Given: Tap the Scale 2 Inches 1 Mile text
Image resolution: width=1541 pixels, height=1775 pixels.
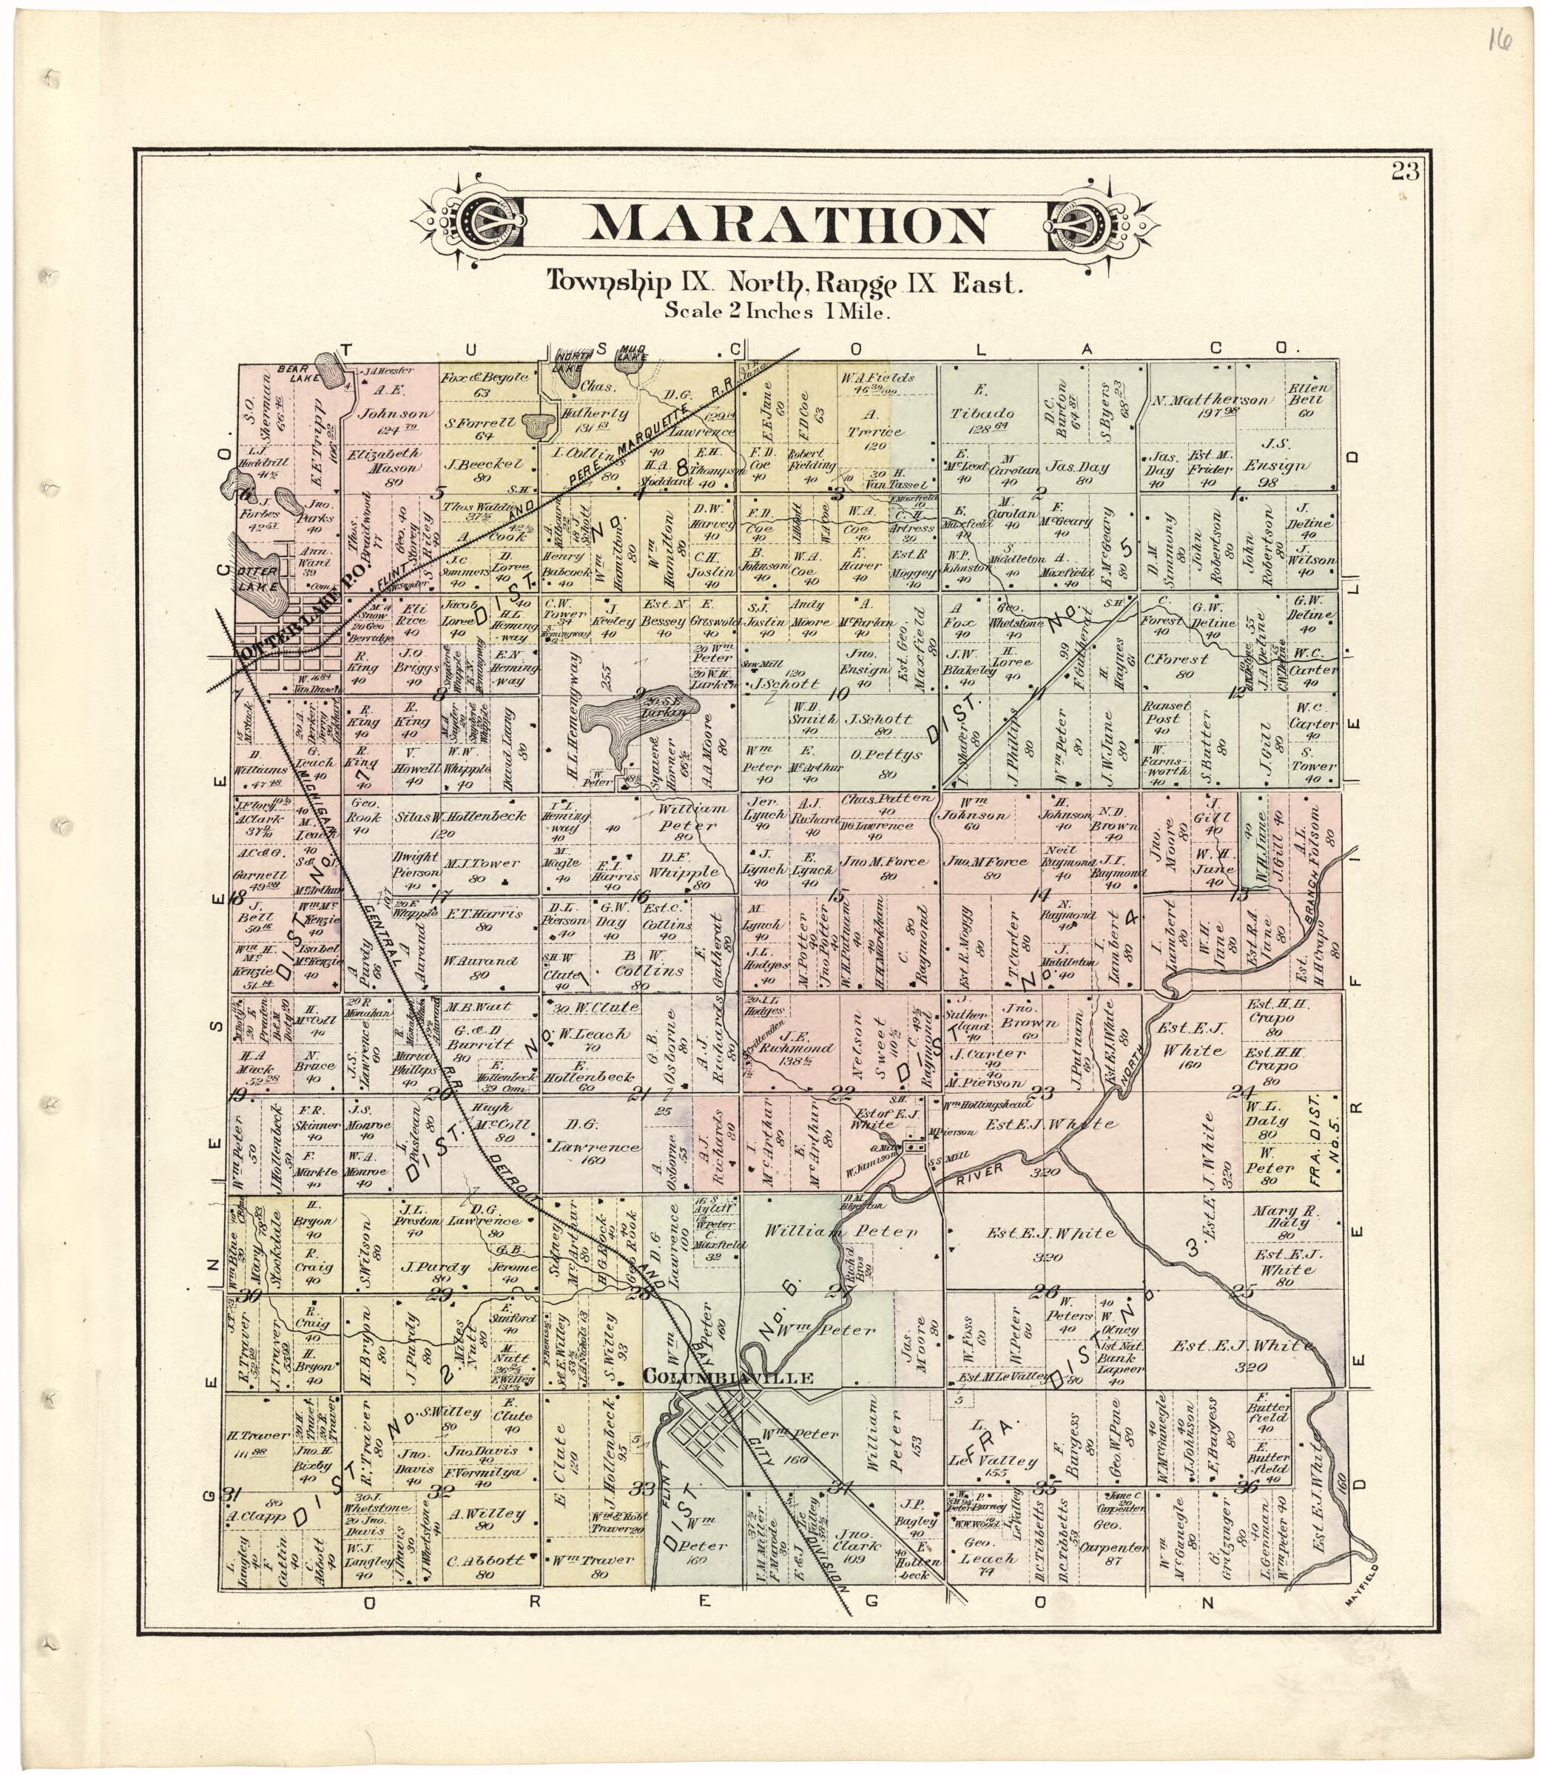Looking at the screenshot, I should pos(778,312).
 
